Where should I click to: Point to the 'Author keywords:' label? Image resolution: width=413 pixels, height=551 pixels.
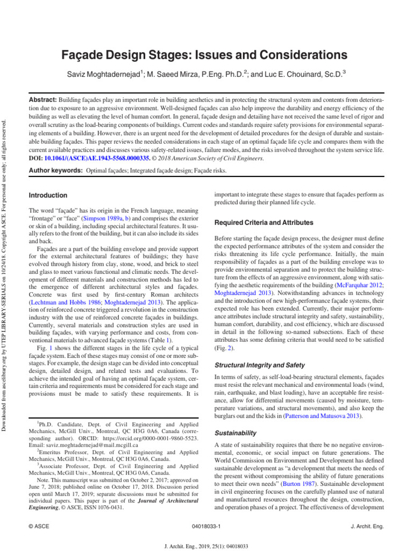point(54,171)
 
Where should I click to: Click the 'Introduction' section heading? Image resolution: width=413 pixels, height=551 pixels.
point(48,195)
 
